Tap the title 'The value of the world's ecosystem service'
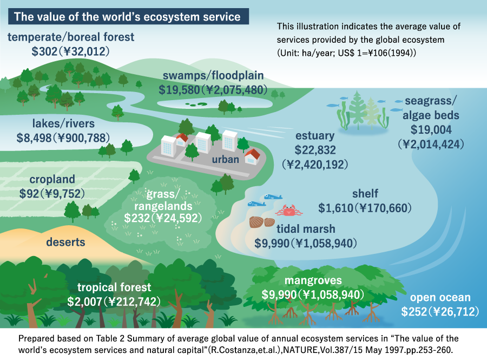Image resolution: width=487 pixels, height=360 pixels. (127, 16)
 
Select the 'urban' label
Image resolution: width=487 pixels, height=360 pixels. (226, 159)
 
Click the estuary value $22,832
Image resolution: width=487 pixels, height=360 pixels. (315, 150)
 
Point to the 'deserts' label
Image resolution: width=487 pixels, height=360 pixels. (65, 242)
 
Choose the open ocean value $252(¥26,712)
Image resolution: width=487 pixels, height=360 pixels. (440, 311)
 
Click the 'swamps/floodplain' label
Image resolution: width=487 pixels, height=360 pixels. (213, 75)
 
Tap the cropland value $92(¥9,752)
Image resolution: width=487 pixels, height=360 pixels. (52, 193)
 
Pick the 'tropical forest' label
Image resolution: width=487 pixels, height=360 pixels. (114, 287)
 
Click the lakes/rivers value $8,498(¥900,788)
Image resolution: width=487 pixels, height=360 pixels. (63, 138)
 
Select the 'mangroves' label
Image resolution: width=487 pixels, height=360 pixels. (313, 280)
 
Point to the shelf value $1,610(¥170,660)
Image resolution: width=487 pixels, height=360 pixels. (365, 208)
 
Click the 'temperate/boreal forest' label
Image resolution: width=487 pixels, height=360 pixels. (71, 37)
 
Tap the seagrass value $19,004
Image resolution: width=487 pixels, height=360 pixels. (431, 129)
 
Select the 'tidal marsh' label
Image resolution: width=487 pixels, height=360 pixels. (306, 229)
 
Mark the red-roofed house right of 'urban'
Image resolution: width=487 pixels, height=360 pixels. (252, 156)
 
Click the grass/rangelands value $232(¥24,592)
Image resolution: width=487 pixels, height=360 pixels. (163, 218)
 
